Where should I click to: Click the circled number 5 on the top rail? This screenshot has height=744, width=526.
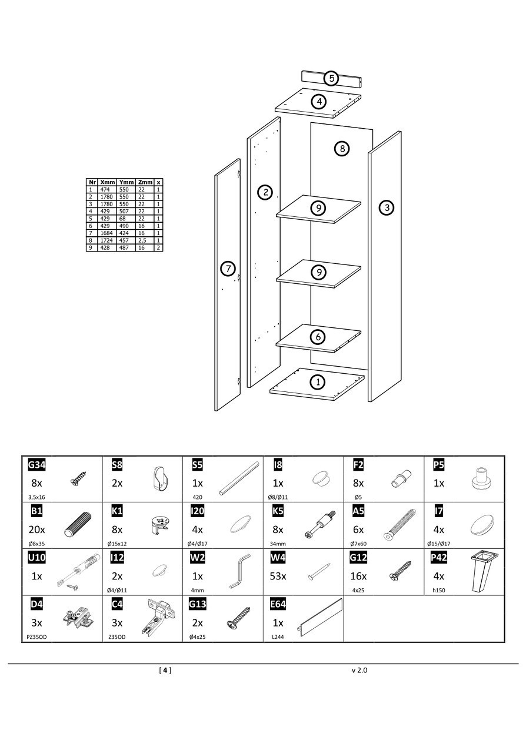[331, 78]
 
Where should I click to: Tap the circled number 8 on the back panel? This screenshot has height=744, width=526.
[342, 148]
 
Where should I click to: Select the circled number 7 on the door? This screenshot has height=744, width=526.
[228, 269]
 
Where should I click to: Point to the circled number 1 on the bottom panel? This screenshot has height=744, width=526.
[318, 382]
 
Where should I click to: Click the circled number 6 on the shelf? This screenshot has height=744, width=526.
[318, 337]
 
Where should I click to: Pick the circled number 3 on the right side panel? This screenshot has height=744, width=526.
[386, 207]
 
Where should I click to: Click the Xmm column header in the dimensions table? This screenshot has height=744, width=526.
[108, 182]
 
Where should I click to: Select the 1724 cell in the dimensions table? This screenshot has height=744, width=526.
[106, 240]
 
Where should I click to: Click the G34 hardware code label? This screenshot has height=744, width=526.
[37, 465]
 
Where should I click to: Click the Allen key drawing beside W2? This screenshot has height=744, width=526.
[239, 570]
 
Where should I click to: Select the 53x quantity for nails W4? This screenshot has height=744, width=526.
[278, 576]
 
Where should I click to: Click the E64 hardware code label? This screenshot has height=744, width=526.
[277, 604]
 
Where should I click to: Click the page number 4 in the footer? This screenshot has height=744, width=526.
[165, 670]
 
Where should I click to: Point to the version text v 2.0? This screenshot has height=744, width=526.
[359, 670]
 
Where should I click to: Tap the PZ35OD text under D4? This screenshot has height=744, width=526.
[37, 636]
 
